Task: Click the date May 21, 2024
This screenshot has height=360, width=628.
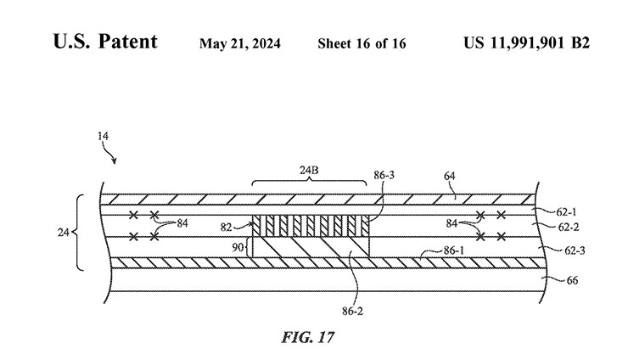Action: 242,43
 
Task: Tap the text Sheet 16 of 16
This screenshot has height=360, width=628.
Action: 361,43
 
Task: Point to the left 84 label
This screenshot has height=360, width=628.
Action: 183,224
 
